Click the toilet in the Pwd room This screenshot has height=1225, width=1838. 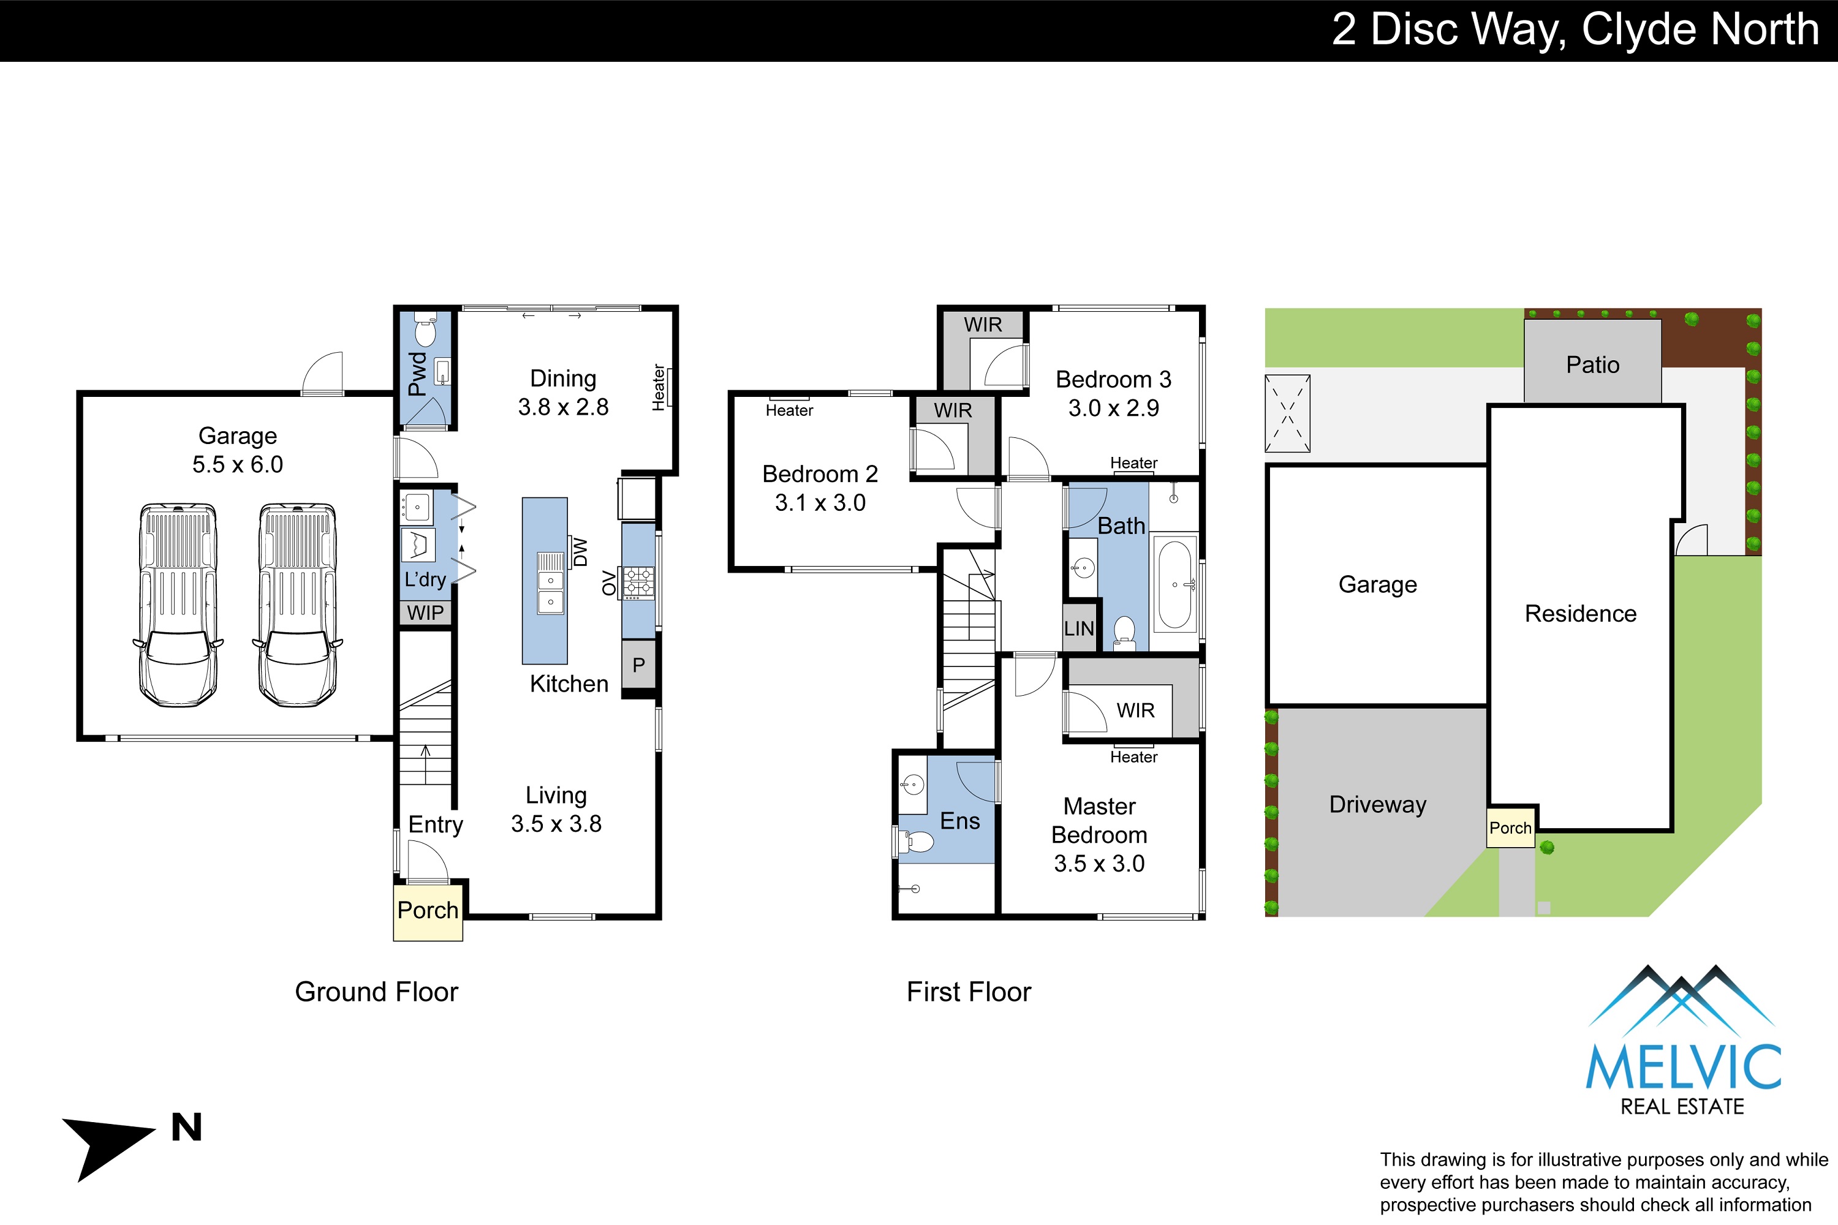click(425, 329)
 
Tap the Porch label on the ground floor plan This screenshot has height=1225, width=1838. click(428, 910)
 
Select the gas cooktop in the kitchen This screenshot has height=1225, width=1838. click(638, 583)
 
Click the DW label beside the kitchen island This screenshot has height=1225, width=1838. click(580, 552)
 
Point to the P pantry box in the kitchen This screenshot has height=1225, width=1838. click(638, 665)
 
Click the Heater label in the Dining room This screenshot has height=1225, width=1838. click(659, 388)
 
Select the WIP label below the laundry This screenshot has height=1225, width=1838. click(425, 613)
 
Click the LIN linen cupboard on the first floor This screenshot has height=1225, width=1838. click(1079, 628)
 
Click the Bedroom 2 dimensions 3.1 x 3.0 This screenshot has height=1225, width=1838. click(820, 502)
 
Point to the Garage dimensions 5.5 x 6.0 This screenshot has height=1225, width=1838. click(238, 464)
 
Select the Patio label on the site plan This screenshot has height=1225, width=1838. click(1592, 365)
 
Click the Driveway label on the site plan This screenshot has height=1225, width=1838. click(1378, 805)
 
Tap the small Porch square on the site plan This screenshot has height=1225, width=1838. click(1511, 827)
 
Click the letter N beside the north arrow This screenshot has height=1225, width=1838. click(187, 1128)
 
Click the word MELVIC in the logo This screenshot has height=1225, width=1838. click(1683, 1067)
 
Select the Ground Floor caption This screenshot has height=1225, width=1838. click(377, 992)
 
